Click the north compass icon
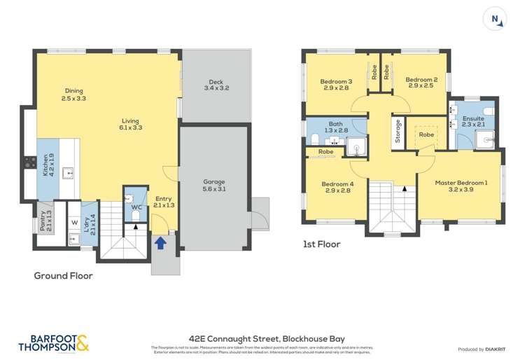pyautogui.click(x=496, y=20)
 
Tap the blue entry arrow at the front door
pyautogui.click(x=160, y=242)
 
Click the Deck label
pyautogui.click(x=216, y=84)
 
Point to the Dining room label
pyautogui.click(x=73, y=95)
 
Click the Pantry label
pyautogui.click(x=45, y=219)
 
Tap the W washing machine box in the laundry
pyautogui.click(x=74, y=223)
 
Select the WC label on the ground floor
pyautogui.click(x=136, y=207)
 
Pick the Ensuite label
pyautogui.click(x=473, y=123)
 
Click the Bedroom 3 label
pyautogui.click(x=336, y=84)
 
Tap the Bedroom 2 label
pyautogui.click(x=421, y=84)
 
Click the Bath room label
pyautogui.click(x=335, y=127)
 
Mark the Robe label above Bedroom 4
pyautogui.click(x=325, y=152)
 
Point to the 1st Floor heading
pyautogui.click(x=322, y=244)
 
